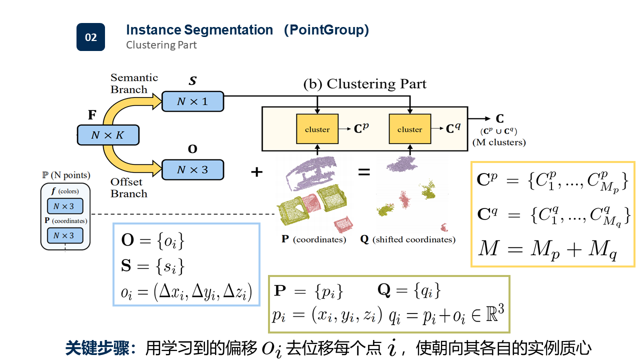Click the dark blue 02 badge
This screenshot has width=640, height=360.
(x=90, y=37)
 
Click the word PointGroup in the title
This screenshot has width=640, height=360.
(x=326, y=30)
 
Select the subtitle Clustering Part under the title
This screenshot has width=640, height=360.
(x=161, y=45)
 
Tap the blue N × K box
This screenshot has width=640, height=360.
(x=107, y=135)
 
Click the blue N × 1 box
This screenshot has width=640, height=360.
(x=192, y=101)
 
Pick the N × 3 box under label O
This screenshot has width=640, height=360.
(x=192, y=170)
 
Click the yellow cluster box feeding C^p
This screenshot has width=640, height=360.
(x=317, y=129)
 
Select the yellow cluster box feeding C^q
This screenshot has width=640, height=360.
(x=409, y=129)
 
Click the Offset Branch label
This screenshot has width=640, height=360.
(x=128, y=187)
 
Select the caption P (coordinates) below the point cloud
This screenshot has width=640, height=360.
(x=313, y=239)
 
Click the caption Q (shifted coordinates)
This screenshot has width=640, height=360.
(x=407, y=239)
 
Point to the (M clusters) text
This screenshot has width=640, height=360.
(x=499, y=142)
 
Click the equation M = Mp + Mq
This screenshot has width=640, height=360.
(x=547, y=247)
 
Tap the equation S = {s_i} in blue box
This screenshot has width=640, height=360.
(x=153, y=266)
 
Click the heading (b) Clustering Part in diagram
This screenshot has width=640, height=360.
(x=365, y=84)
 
